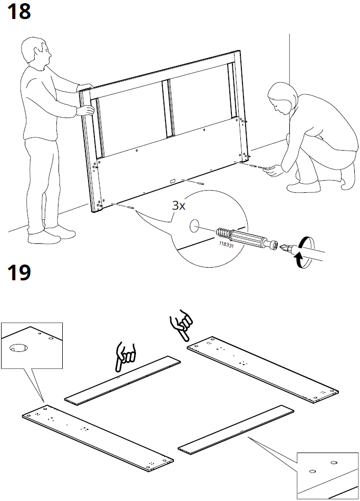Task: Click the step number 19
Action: [x=18, y=274]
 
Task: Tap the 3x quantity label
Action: [x=179, y=205]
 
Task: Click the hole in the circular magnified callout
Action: [x=193, y=226]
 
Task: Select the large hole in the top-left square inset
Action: [x=18, y=348]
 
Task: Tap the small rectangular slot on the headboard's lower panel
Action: [x=173, y=181]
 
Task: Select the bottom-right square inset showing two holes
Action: [x=327, y=475]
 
